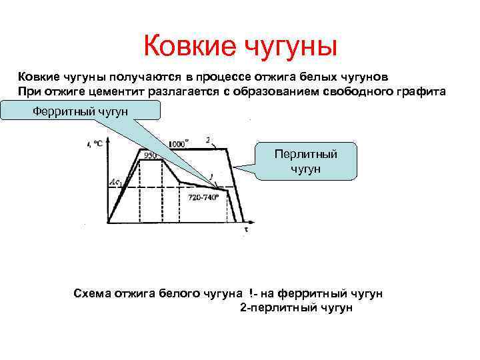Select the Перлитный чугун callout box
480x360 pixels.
306,161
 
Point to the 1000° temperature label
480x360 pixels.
177,143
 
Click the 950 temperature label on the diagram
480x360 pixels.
149,155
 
